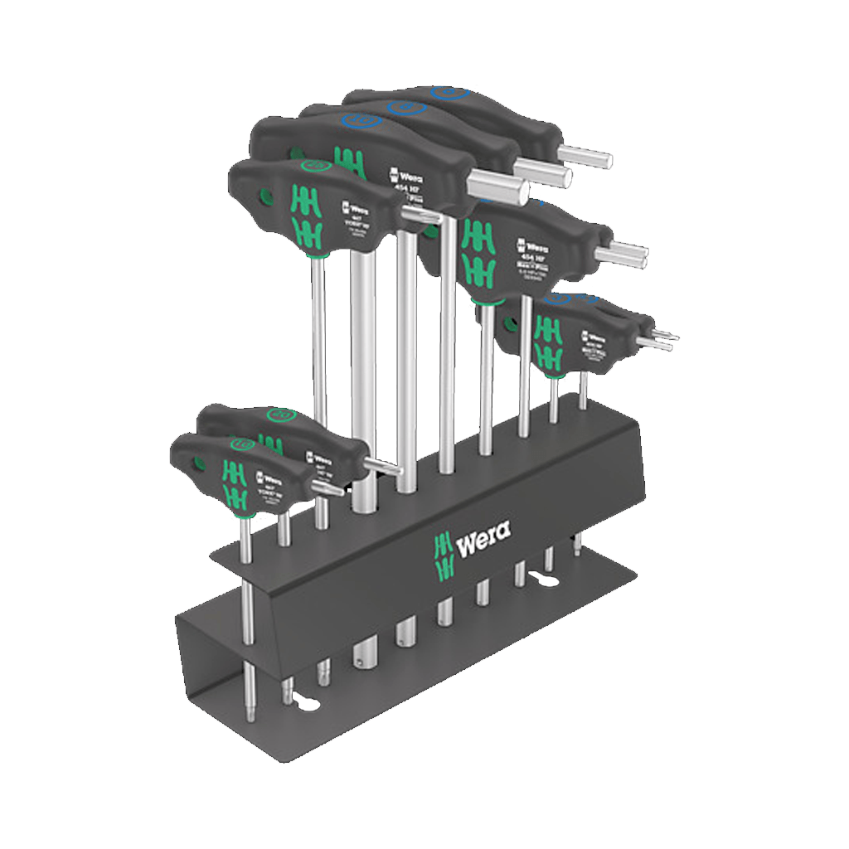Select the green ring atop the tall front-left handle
(x=313, y=165)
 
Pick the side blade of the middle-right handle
(x=628, y=254)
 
